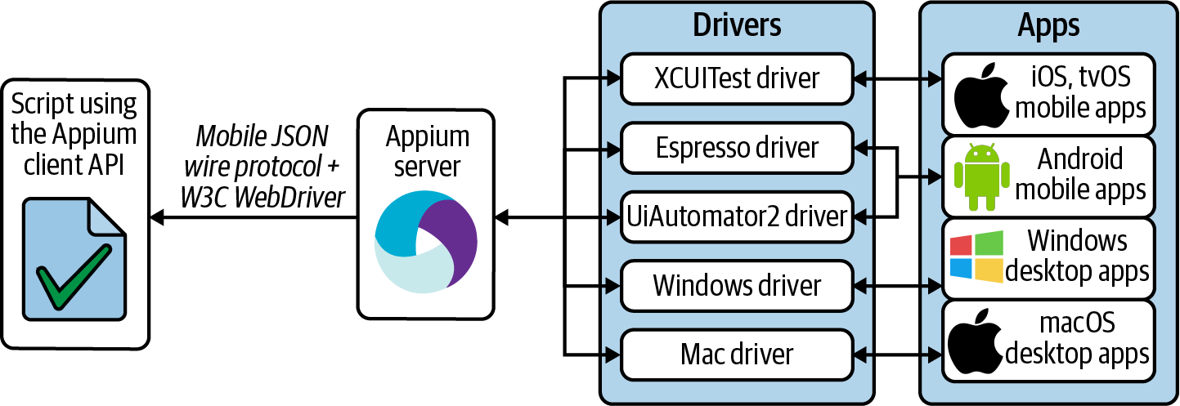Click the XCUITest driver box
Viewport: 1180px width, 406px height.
736,78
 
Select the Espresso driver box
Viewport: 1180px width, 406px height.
736,148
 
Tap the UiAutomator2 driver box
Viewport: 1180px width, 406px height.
736,217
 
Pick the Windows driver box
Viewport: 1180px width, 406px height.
736,286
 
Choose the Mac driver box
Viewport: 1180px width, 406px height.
736,355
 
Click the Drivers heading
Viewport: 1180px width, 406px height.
737,25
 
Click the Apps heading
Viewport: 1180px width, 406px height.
1048,25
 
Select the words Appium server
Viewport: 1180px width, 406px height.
427,151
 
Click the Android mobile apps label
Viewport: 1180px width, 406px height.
1079,174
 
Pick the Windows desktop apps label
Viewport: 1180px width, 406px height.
1077,256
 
